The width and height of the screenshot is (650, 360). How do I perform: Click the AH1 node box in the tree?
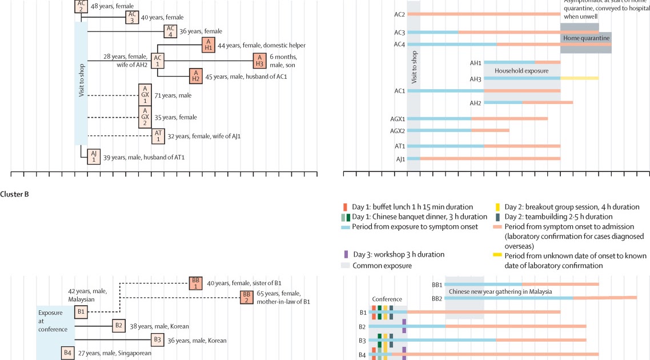tap(208, 45)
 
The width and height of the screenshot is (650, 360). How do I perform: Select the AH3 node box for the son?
tap(260, 61)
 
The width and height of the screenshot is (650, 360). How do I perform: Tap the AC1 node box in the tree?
tap(158, 61)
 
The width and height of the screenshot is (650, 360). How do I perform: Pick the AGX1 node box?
tap(146, 94)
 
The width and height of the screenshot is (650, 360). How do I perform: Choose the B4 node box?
tap(69, 353)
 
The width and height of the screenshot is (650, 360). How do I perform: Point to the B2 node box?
tap(119, 326)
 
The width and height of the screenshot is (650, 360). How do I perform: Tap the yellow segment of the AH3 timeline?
tap(579, 78)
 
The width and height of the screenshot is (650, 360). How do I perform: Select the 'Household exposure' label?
tap(521, 71)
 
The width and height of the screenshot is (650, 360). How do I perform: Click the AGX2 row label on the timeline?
tap(398, 130)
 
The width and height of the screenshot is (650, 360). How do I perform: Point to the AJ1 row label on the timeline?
tap(400, 159)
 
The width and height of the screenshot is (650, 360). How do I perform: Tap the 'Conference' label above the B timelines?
tap(387, 299)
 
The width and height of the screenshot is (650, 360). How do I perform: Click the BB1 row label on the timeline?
tap(437, 284)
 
